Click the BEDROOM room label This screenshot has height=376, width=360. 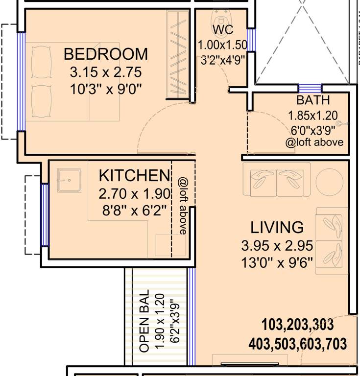click(x=105, y=53)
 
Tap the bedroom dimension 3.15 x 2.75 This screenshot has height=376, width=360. click(x=105, y=72)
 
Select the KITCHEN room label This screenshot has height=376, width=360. click(x=134, y=175)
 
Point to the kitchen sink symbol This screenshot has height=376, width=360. click(x=69, y=180)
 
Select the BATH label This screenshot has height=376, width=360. click(x=313, y=101)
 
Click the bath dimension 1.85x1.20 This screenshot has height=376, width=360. click(x=313, y=117)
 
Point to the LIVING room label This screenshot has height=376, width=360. click(x=277, y=228)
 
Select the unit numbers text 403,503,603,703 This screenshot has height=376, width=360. click(x=297, y=343)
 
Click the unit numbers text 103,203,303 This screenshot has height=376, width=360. click(x=297, y=325)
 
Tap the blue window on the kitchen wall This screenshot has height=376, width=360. click(x=45, y=215)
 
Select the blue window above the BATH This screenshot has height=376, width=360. click(x=310, y=88)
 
